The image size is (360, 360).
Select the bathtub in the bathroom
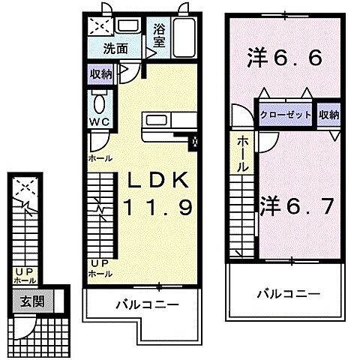tap(183, 38)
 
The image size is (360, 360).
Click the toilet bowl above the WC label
tap(100, 102)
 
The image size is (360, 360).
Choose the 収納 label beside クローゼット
tap(328, 115)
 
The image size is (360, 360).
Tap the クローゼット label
tap(286, 115)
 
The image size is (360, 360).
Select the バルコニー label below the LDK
tap(147, 307)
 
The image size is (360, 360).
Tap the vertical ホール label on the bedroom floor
tap(244, 154)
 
